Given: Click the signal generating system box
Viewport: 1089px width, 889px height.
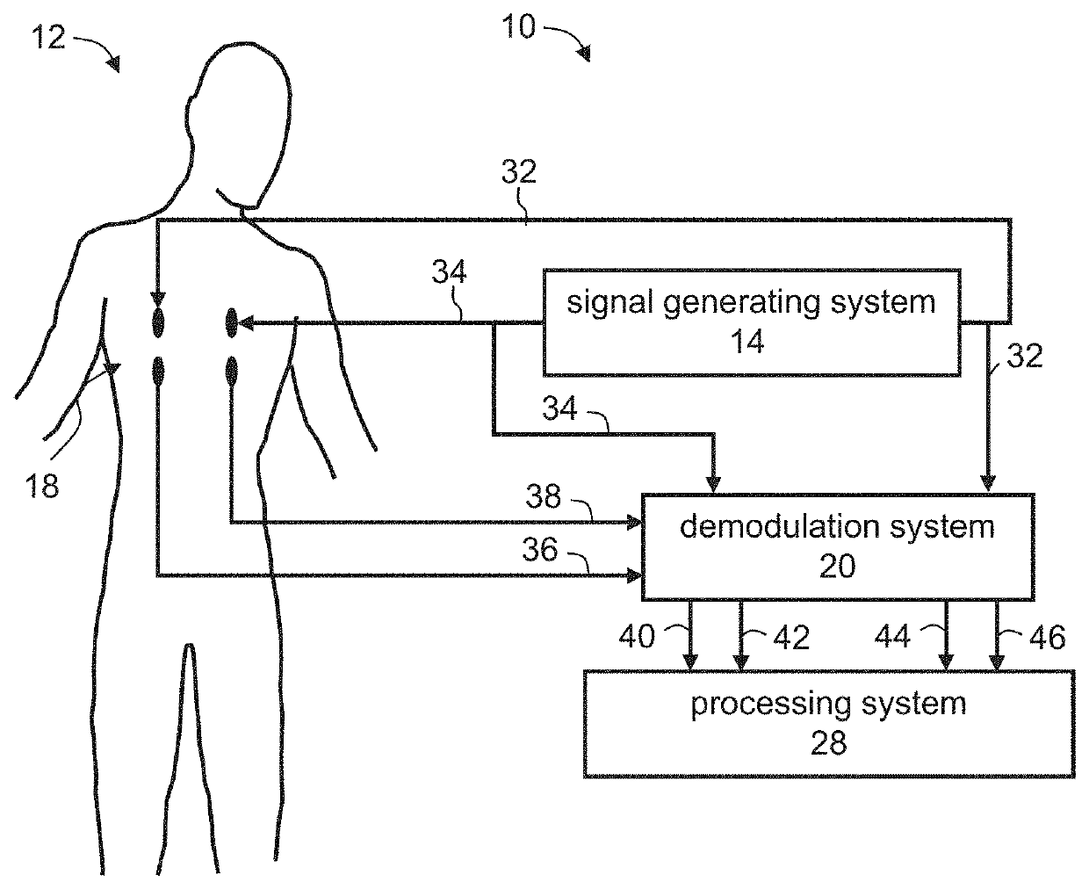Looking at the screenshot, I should click(x=751, y=322).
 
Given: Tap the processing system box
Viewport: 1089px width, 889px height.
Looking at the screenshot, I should click(x=828, y=723).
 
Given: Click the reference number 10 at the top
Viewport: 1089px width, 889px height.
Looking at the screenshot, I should click(x=519, y=27).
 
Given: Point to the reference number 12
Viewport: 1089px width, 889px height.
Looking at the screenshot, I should click(x=50, y=38).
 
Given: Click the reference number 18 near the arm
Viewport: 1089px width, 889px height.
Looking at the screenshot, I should click(x=42, y=484).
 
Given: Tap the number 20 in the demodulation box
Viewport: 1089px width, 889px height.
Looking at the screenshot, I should click(x=837, y=567).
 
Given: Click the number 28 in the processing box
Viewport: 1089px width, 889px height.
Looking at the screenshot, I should click(x=828, y=744).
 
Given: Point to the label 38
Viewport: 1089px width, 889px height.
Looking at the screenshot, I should click(x=544, y=496).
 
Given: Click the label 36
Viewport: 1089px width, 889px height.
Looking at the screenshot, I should click(x=540, y=550).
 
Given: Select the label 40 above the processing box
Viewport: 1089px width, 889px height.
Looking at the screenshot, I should click(x=638, y=636).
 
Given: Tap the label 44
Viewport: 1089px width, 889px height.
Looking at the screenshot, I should click(x=893, y=636).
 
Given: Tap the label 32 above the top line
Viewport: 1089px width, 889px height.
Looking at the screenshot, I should click(x=518, y=172).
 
